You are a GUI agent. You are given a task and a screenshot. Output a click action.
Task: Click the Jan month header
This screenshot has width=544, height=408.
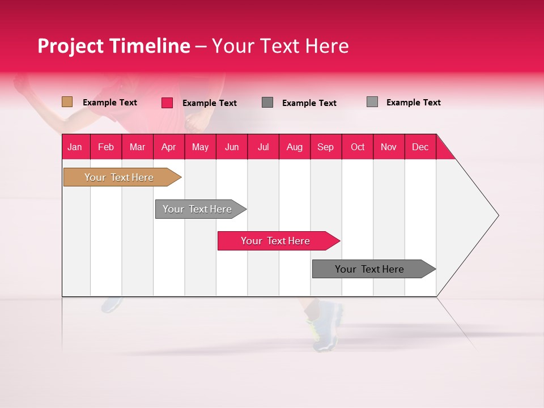pyautogui.click(x=75, y=147)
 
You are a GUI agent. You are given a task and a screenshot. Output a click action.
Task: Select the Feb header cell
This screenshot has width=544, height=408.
pyautogui.click(x=106, y=147)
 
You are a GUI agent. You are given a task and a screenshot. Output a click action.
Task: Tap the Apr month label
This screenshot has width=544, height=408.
pyautogui.click(x=168, y=147)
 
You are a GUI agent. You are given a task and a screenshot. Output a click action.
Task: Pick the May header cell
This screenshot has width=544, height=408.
pyautogui.click(x=200, y=147)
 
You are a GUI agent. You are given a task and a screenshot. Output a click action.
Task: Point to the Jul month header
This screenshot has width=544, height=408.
pyautogui.click(x=263, y=147)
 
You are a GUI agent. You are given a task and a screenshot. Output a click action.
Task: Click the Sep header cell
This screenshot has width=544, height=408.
pyautogui.click(x=325, y=147)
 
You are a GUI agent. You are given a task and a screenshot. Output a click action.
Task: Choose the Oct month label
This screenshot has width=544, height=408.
pyautogui.click(x=358, y=147)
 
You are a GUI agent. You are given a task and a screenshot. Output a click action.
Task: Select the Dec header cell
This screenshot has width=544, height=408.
pyautogui.click(x=420, y=147)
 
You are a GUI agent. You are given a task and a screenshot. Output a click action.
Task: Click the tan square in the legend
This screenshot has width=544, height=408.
pyautogui.click(x=67, y=102)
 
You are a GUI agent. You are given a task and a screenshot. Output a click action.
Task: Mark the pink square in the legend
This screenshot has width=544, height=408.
pyautogui.click(x=167, y=103)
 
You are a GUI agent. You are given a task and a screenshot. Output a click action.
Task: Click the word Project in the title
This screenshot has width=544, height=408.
pyautogui.click(x=71, y=46)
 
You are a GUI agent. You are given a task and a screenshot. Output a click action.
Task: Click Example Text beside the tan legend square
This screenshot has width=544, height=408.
pyautogui.click(x=110, y=103)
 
